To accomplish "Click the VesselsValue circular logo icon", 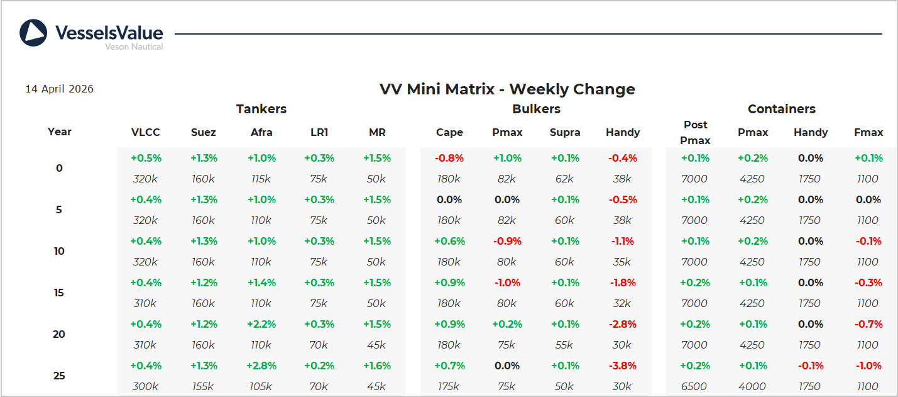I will point(33,33).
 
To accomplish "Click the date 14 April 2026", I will point(59,89).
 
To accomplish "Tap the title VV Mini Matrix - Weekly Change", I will point(507,89).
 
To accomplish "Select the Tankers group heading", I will point(261,109).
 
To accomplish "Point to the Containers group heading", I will point(782,109).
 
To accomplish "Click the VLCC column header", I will point(146,132).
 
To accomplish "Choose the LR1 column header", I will point(319,132).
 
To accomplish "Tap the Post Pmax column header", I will point(695,132).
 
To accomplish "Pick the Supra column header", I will point(565,132).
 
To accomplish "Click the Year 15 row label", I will point(59,293).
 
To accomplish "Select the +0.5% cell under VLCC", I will point(146,158).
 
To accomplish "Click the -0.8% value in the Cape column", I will point(449,158).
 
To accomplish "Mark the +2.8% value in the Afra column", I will point(261,366).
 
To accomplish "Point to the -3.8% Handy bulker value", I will point(623,366).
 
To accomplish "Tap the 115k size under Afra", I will point(261,179).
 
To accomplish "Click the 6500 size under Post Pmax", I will point(694,386).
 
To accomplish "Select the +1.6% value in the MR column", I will point(377,366).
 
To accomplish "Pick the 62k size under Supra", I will point(564,179).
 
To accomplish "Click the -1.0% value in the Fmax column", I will point(868,366).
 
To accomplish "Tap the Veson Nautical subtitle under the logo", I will point(134,47).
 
